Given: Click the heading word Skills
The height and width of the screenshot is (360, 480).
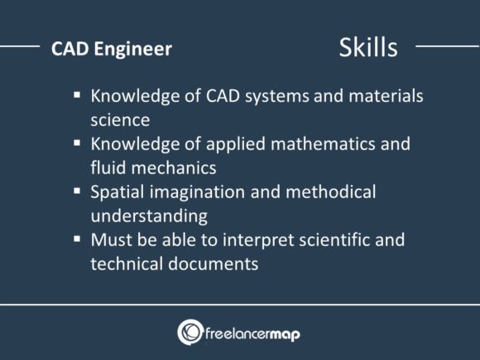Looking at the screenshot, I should tap(368, 47).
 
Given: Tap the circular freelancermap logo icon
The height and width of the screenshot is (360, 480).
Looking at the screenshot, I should tap(190, 332).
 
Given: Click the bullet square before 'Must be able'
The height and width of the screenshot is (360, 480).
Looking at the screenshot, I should tap(77, 240).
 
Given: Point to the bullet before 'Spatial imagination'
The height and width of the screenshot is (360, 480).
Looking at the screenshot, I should tap(77, 192).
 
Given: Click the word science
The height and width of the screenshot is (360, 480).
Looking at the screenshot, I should tap(120, 119).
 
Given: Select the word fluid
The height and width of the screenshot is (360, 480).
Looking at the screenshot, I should tap(108, 167).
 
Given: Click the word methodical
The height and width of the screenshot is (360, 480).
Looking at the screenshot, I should tap(334, 192).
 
